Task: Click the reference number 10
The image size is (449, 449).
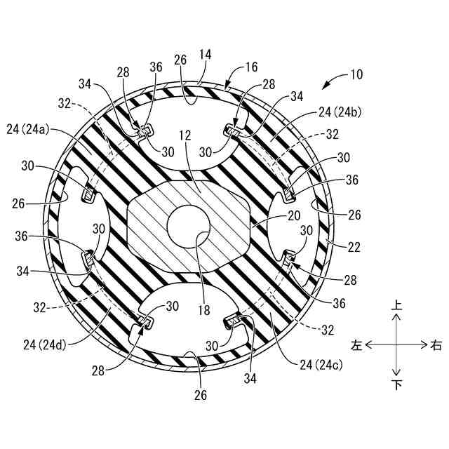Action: [x=356, y=74]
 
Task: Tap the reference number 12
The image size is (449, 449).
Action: [x=185, y=135]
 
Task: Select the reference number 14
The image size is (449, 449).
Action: [x=206, y=55]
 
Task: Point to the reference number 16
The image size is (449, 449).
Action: [x=251, y=67]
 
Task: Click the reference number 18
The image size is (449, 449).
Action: [x=203, y=310]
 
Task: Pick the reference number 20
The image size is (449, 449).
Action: [x=294, y=215]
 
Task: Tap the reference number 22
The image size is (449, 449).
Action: [x=354, y=247]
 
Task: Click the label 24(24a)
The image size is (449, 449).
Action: [x=28, y=130]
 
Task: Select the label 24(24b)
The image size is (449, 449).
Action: [x=340, y=112]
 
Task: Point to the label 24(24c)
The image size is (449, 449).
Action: [x=321, y=365]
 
